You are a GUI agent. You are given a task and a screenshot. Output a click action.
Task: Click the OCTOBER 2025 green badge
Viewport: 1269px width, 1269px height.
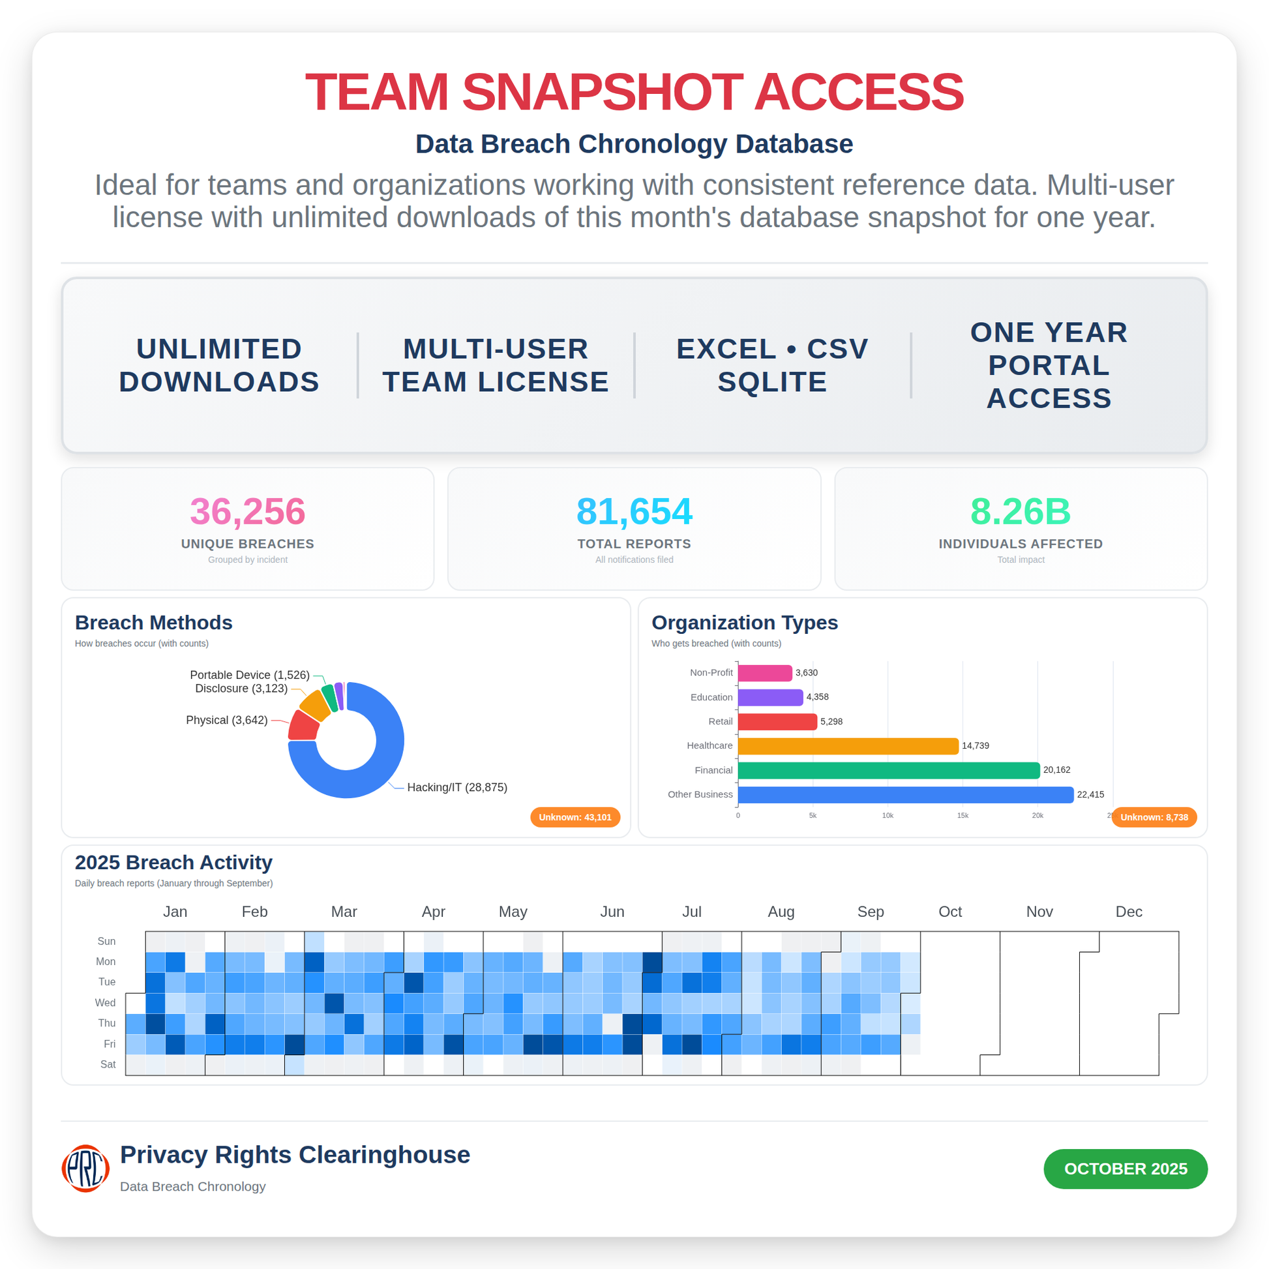click(x=1125, y=1169)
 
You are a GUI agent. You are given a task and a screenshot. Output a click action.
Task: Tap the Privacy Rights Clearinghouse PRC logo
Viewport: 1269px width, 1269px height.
click(x=85, y=1169)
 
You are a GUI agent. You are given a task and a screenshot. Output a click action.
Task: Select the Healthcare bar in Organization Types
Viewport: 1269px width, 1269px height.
click(x=847, y=746)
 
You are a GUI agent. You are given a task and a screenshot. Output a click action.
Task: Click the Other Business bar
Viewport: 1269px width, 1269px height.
click(x=905, y=795)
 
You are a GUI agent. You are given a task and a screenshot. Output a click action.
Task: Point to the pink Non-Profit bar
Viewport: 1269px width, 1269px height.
click(x=764, y=673)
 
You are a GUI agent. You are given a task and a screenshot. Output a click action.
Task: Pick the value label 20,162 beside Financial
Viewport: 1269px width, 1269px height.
click(x=1056, y=769)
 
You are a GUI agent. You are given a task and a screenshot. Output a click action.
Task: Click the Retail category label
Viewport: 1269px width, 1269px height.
click(x=720, y=721)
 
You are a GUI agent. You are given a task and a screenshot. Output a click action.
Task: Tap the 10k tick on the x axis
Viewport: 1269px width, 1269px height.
click(x=888, y=816)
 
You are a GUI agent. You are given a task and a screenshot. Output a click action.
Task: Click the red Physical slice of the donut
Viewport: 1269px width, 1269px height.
click(x=303, y=726)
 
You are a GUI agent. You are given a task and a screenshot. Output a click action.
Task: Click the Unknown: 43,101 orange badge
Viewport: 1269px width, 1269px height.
click(x=575, y=817)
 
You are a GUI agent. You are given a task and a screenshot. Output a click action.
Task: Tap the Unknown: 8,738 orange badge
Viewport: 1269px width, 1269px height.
click(x=1154, y=817)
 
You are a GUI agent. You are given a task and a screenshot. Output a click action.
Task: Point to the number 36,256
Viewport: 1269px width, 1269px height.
click(x=248, y=511)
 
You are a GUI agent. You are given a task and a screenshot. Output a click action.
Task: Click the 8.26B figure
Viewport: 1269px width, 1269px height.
click(x=1020, y=511)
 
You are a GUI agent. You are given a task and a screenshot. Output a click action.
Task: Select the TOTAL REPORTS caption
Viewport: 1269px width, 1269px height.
click(x=634, y=544)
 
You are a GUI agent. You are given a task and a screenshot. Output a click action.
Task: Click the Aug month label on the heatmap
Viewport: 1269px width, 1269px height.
click(x=781, y=912)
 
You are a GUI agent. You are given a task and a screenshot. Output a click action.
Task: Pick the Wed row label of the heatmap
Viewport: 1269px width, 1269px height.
click(x=105, y=1002)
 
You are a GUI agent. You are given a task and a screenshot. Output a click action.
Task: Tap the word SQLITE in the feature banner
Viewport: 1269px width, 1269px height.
click(x=772, y=382)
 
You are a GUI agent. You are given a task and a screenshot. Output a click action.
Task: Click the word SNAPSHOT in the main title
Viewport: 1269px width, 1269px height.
click(x=602, y=92)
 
